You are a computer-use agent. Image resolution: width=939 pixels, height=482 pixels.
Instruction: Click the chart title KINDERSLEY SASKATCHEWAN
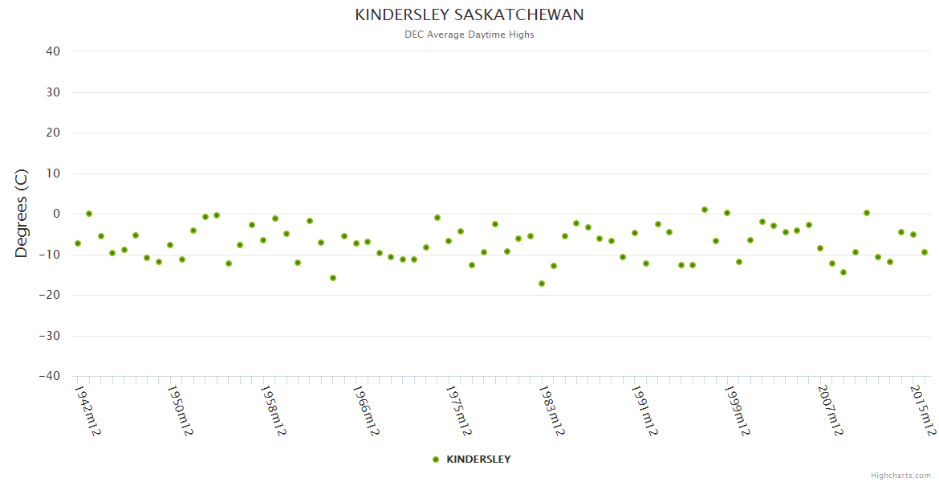coord(469,14)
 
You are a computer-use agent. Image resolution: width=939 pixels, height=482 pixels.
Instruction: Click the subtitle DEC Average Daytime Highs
coord(469,35)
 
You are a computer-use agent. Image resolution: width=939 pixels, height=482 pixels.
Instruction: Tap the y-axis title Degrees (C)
coord(22,214)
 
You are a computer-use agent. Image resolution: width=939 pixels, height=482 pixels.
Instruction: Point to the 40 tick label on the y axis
coord(53,51)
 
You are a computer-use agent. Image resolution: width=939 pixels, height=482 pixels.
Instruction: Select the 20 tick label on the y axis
coord(53,133)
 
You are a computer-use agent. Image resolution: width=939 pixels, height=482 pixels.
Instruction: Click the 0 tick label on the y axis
coord(57,214)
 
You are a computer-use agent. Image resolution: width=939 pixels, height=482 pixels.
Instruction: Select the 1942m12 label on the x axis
coord(86,410)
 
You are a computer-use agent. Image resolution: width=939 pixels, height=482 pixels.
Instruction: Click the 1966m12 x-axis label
coord(365,410)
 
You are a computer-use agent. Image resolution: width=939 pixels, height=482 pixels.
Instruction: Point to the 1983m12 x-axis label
coord(551,410)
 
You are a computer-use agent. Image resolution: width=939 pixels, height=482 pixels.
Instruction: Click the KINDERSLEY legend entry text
coord(478,460)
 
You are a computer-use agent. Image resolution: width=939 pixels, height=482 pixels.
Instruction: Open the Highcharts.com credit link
coord(900,476)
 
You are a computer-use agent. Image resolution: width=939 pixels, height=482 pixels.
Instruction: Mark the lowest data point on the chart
coord(542,284)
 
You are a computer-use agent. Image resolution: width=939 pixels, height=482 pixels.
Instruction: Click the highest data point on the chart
coord(705,210)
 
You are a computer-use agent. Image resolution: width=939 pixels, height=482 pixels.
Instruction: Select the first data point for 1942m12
coord(78,243)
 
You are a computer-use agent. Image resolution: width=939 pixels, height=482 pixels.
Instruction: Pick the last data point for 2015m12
coord(925,252)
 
